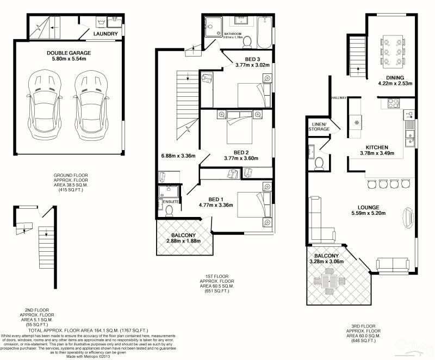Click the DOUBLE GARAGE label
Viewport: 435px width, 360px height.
tap(69, 53)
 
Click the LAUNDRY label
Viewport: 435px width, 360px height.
tap(105, 34)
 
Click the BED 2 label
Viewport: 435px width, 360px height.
tap(240, 152)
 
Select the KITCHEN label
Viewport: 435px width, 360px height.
tap(376, 147)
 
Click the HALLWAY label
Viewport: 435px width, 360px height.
tap(339, 98)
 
